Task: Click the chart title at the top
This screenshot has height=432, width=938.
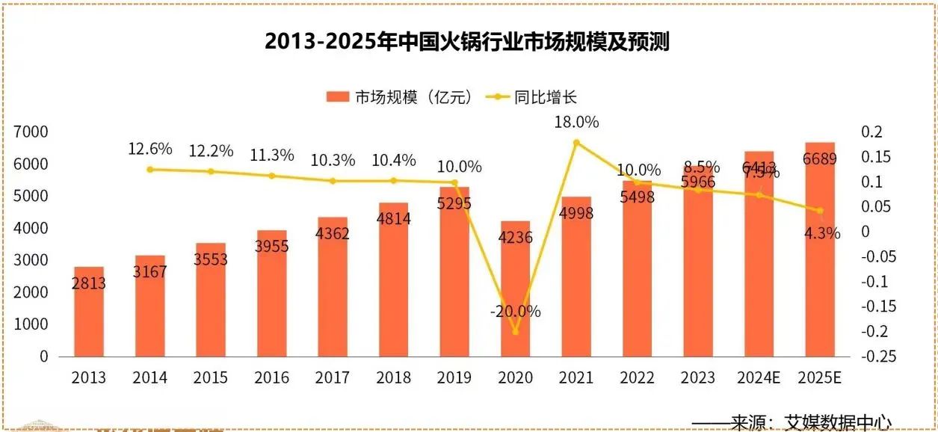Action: click(467, 41)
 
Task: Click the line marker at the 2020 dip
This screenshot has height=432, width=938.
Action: click(515, 331)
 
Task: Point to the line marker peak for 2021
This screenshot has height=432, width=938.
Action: click(576, 142)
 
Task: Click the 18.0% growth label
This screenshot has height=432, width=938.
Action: click(576, 122)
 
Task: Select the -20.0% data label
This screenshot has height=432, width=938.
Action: click(515, 312)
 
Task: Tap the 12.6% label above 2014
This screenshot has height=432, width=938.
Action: click(150, 149)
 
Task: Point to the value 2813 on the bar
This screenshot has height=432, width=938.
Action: click(89, 283)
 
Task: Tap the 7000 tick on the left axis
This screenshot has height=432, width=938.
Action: click(32, 132)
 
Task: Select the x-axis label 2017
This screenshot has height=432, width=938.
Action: click(333, 377)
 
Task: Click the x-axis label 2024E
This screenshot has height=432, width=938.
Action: click(759, 377)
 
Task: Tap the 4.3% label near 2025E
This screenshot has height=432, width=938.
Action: click(822, 233)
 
